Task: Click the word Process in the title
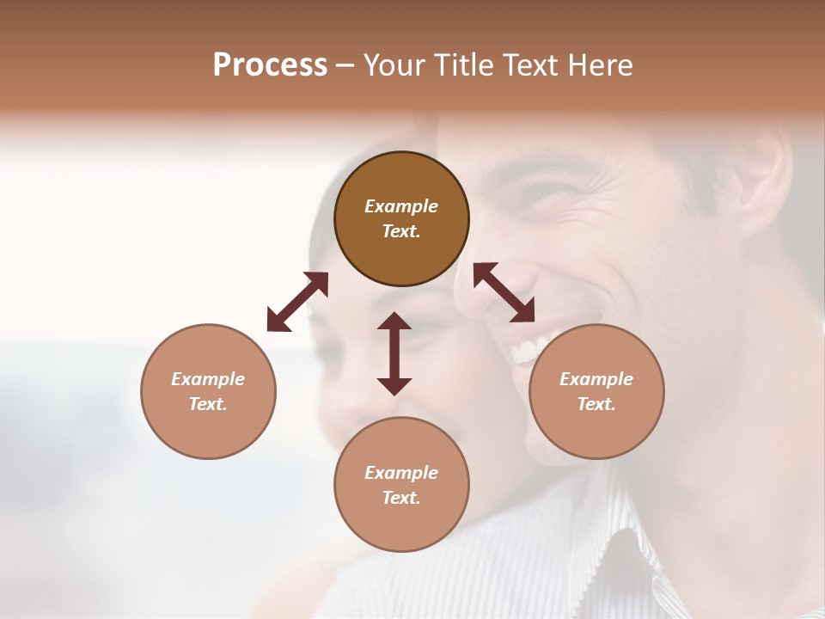pyautogui.click(x=270, y=65)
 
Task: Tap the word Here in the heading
pyautogui.click(x=599, y=65)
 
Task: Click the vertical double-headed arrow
pyautogui.click(x=394, y=353)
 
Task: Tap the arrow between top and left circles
pyautogui.click(x=297, y=302)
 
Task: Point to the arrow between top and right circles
pyautogui.click(x=504, y=292)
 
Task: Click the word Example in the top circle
pyautogui.click(x=401, y=206)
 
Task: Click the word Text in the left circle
pyautogui.click(x=208, y=404)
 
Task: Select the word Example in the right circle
pyautogui.click(x=596, y=379)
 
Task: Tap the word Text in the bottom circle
pyautogui.click(x=401, y=498)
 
